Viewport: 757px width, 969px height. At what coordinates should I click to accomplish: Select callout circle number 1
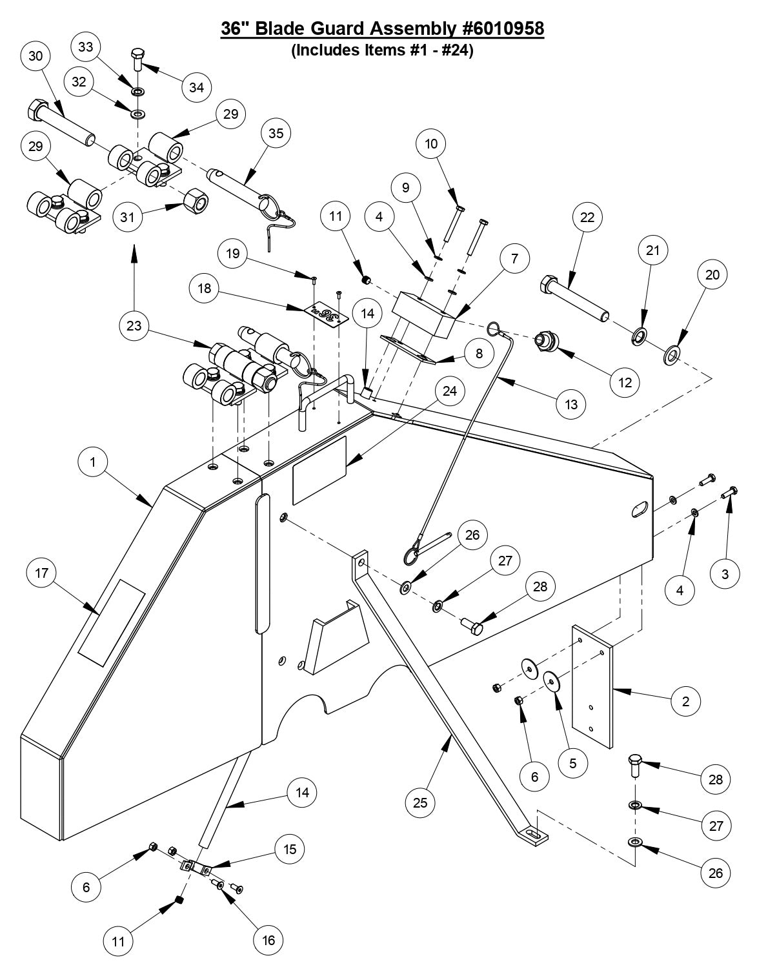(94, 462)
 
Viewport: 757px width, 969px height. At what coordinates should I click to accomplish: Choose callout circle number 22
(587, 217)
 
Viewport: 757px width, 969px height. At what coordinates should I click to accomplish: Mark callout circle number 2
(685, 700)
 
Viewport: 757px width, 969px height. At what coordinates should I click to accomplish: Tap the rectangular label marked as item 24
(319, 470)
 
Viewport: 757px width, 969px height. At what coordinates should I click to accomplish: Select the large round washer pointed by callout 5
(552, 680)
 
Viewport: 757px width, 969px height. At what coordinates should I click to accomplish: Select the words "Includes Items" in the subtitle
(346, 50)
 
